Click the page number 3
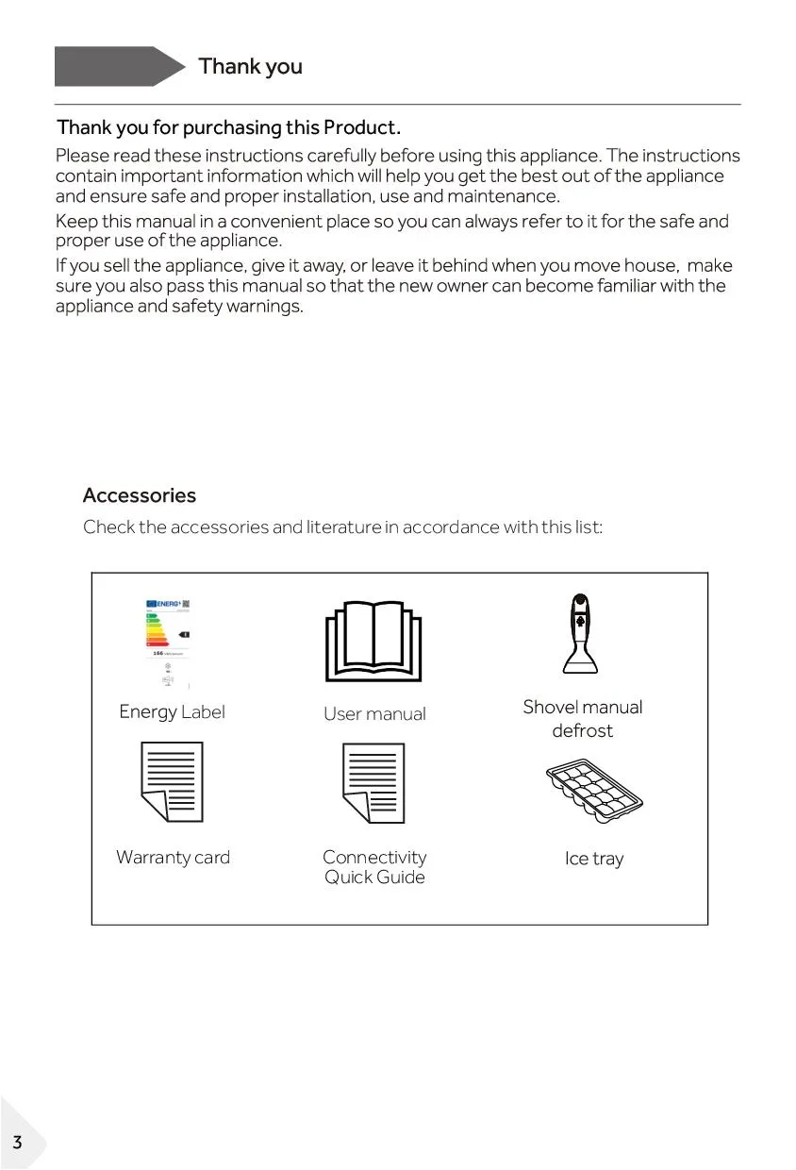(x=16, y=1143)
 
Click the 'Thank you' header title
(x=250, y=66)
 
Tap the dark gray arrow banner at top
(x=118, y=66)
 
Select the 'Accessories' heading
(x=140, y=495)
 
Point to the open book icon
(x=374, y=642)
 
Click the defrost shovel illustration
(x=580, y=633)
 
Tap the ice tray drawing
(x=593, y=789)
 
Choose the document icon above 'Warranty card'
(x=172, y=782)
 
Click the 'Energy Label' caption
(x=172, y=712)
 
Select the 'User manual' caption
(x=374, y=714)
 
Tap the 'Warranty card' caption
(x=173, y=858)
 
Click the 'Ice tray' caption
(x=594, y=859)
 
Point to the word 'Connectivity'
(x=374, y=857)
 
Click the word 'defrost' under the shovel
(x=582, y=731)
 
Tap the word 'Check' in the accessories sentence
(x=108, y=527)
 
